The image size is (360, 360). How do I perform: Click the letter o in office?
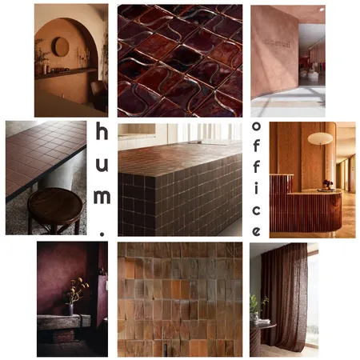pyautogui.click(x=257, y=127)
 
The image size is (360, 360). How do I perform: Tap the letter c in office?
pyautogui.click(x=257, y=210)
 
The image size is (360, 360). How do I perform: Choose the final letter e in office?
pyautogui.click(x=257, y=231)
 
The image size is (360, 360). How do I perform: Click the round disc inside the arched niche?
pyautogui.click(x=61, y=46)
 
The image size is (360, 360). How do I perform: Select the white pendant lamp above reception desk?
pyautogui.click(x=320, y=138)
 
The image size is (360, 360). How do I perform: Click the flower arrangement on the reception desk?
pyautogui.click(x=326, y=185)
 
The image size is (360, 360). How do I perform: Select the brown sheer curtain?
pyautogui.click(x=284, y=296)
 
